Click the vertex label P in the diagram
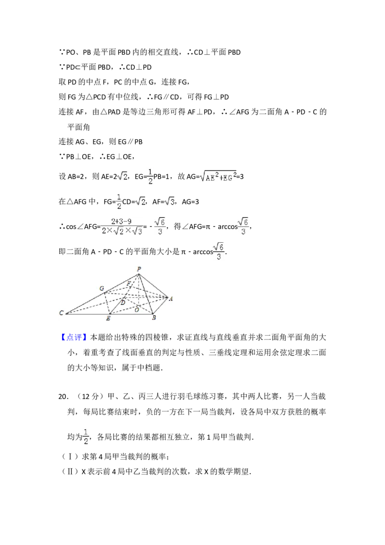[139, 269]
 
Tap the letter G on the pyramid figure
[102, 288]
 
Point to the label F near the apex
[128, 283]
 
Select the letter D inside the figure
[123, 302]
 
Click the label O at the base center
[137, 310]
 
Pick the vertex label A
[171, 298]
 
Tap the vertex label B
[154, 318]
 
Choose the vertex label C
[61, 313]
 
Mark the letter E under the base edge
[108, 319]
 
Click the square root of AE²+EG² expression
[218, 177]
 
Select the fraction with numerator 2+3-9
[123, 227]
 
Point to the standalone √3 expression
[169, 202]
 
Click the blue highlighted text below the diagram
[75, 337]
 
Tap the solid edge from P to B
[146, 294]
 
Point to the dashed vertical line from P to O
[139, 289]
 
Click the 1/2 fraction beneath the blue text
[86, 435]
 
